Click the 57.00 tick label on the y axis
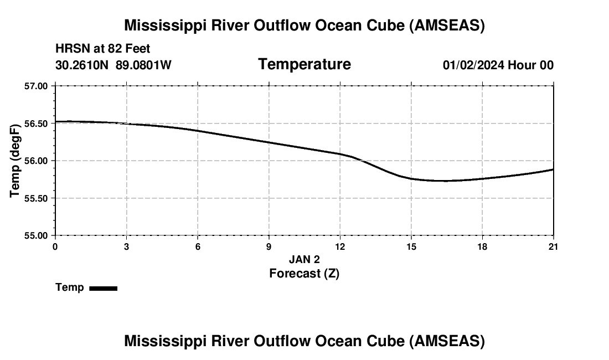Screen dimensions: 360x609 tap(37, 86)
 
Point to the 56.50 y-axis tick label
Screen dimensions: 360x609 tap(37, 123)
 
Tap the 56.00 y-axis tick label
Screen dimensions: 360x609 tap(37, 161)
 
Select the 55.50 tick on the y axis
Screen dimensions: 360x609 tap(37, 198)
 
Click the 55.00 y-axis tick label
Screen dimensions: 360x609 tap(37, 235)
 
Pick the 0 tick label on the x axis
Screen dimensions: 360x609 tap(55, 246)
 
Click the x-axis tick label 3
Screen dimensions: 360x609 tap(127, 246)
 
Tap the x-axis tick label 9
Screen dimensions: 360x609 tap(269, 246)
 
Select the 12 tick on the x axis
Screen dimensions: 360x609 tap(340, 246)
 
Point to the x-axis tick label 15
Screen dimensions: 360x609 tap(411, 246)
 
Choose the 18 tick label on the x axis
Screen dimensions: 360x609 tap(482, 246)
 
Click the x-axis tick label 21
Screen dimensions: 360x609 tap(553, 246)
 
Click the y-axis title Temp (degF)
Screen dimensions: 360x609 tap(15, 161)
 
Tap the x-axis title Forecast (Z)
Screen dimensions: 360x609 tap(304, 273)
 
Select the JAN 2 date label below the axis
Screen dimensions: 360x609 tap(304, 259)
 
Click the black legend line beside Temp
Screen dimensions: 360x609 tap(103, 288)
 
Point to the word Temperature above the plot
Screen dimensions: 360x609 tap(304, 64)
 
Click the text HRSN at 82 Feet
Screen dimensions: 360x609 tap(103, 49)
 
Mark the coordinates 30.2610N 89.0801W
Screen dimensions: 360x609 tap(113, 65)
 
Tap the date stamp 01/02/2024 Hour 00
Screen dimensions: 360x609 tap(498, 65)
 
